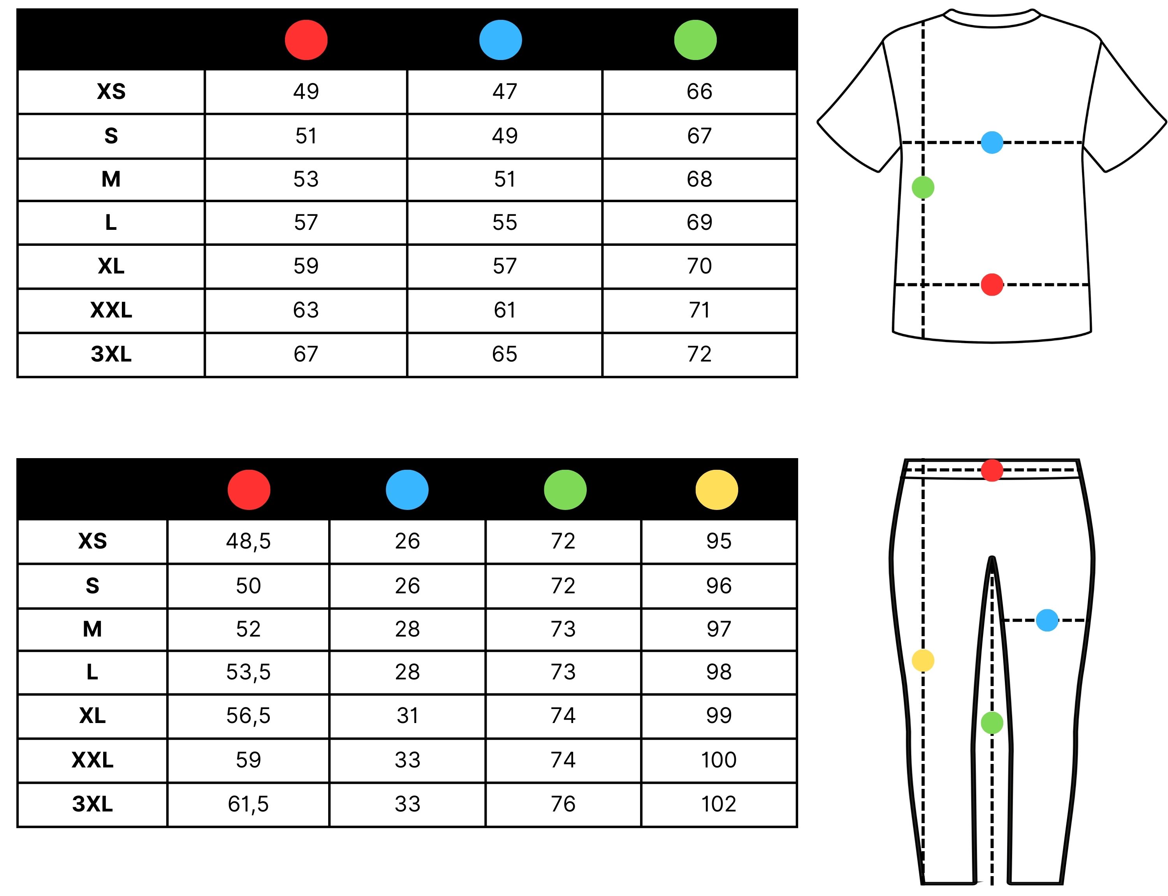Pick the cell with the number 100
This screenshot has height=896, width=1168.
[719, 760]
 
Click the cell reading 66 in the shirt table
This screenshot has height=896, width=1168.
[699, 92]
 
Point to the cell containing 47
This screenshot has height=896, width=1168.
[504, 92]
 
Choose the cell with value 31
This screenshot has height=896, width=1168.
[407, 716]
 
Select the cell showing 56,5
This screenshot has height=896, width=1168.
[248, 716]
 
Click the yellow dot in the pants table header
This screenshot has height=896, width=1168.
[716, 490]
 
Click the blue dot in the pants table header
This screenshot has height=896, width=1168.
[407, 490]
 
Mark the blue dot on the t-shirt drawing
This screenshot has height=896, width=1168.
[992, 143]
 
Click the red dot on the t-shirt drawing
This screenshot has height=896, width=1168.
[992, 284]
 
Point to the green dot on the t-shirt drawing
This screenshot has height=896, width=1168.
[923, 187]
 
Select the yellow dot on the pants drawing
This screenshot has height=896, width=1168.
[923, 660]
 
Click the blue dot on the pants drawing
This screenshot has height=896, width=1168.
[1047, 620]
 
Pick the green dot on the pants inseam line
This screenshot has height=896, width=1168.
[992, 723]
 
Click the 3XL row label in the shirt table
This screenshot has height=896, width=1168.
[111, 354]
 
